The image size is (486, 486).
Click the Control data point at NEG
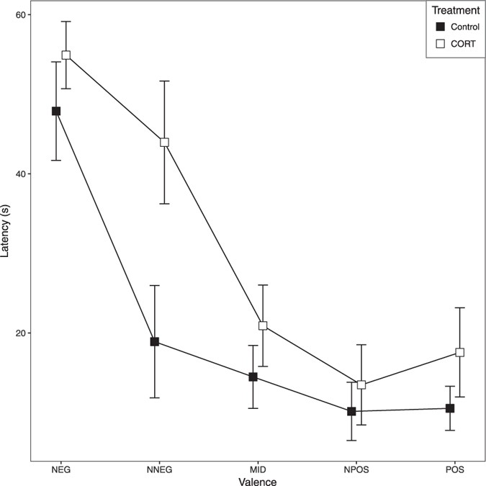pos(55,111)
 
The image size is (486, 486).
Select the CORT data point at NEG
pos(66,55)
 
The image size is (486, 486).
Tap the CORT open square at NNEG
pos(164,143)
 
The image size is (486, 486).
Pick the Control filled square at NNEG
pos(154,341)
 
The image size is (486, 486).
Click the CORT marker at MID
pos(263,325)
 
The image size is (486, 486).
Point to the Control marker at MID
pos(253,377)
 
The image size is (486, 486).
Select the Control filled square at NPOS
pos(351,411)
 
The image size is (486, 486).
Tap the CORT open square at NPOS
pos(361,384)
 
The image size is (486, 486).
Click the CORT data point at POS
pos(460,352)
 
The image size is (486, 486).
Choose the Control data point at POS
pos(450,408)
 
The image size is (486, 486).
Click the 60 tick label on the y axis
pos(20,15)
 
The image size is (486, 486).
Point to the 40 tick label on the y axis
pos(20,174)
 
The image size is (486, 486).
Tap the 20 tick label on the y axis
pos(20,333)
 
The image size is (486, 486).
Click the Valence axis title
pos(258,480)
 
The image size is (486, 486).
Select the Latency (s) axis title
pos(6,230)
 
